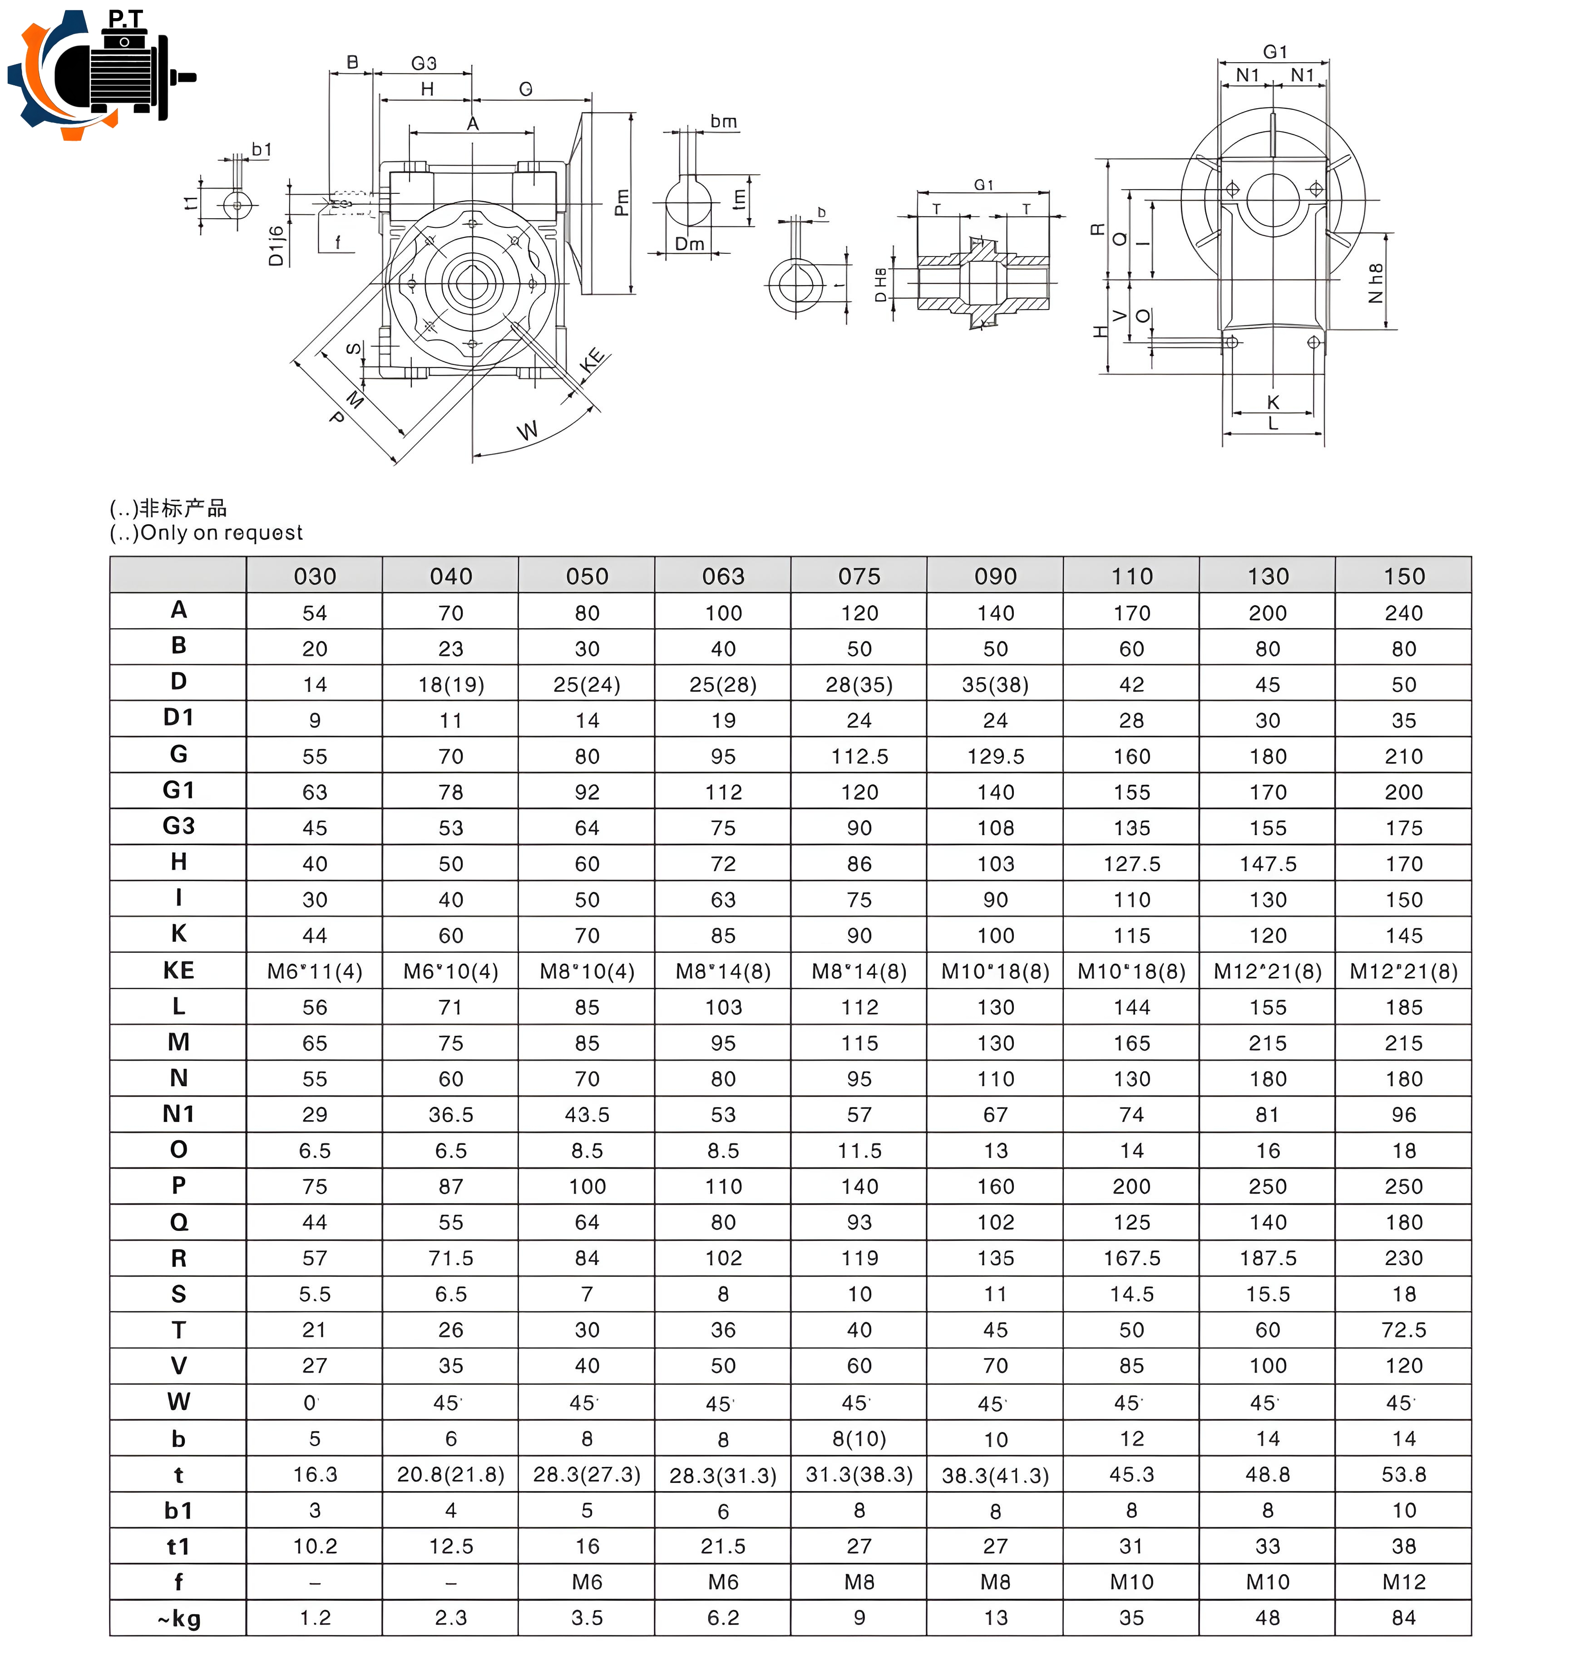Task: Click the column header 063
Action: pyautogui.click(x=723, y=576)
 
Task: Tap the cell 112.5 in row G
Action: pyautogui.click(x=859, y=756)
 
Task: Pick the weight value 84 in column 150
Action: pyautogui.click(x=1403, y=1617)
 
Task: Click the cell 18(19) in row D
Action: pyautogui.click(x=450, y=684)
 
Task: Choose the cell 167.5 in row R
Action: pyautogui.click(x=1131, y=1257)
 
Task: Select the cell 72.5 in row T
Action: pyautogui.click(x=1403, y=1329)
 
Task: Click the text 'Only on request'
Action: pyautogui.click(x=221, y=532)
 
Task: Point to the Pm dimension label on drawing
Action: pyautogui.click(x=622, y=202)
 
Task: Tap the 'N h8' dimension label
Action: pyautogui.click(x=1375, y=283)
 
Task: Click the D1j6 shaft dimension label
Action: pyautogui.click(x=276, y=246)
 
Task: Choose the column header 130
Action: pyautogui.click(x=1268, y=576)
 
